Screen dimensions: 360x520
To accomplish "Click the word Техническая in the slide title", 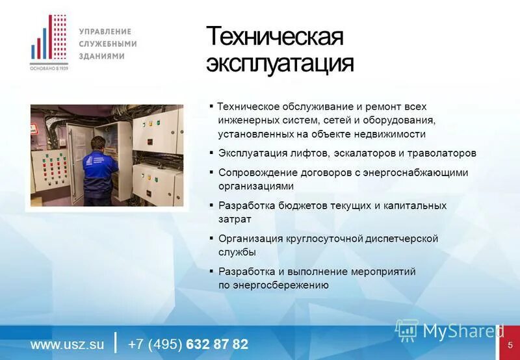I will (x=274, y=37).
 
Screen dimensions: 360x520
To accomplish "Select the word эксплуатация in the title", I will (x=280, y=64).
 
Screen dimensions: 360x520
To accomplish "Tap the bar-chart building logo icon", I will (x=49, y=40).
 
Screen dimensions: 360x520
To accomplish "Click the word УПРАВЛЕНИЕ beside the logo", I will (x=105, y=31).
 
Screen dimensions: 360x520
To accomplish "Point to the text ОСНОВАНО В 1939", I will (x=49, y=68).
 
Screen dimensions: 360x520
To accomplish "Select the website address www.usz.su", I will (x=67, y=344).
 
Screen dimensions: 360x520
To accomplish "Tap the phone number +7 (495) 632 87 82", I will (x=188, y=344).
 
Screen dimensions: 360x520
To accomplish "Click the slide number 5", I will (x=510, y=344).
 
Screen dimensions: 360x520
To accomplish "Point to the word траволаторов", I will (x=441, y=153).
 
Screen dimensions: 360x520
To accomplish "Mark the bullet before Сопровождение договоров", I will (x=212, y=172).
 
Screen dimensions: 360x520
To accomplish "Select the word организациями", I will (x=256, y=186).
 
